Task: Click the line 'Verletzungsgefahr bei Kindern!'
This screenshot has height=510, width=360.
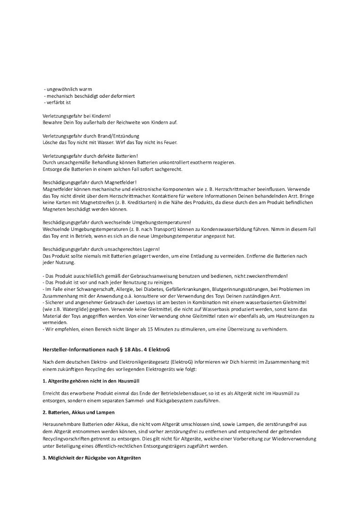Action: tap(77, 116)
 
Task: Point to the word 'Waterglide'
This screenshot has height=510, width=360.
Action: tap(72, 309)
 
